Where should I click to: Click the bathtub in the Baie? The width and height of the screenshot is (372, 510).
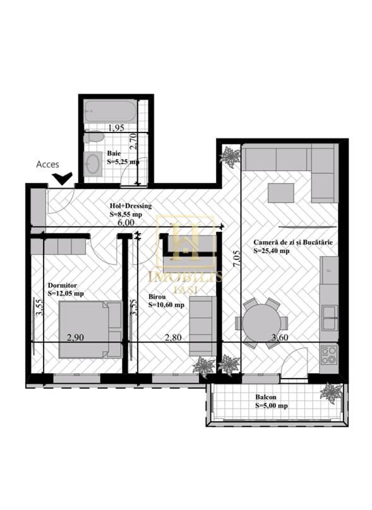110,112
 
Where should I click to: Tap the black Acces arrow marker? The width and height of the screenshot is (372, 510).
62,179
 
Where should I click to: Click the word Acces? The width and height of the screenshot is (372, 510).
47,164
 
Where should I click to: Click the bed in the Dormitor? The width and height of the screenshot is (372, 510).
90,329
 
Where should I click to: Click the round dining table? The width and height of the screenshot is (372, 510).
261,323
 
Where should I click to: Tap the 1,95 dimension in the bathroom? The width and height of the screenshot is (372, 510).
115,128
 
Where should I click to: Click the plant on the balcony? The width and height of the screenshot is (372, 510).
330,393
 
